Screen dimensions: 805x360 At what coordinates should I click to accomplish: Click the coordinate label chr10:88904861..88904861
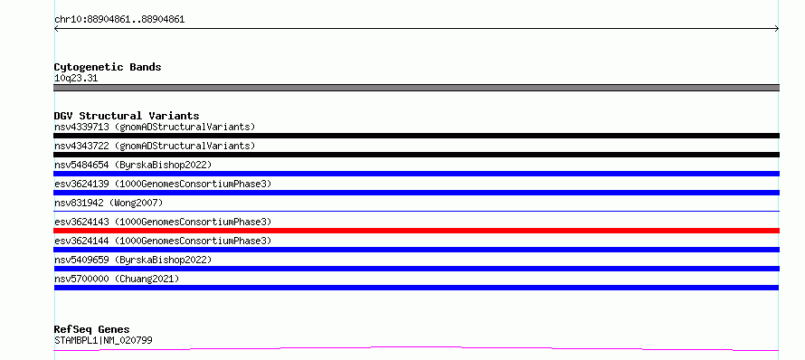pos(119,20)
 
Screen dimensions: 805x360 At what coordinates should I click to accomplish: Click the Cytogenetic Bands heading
pos(108,67)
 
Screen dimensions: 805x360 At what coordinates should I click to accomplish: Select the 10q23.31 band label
pos(76,79)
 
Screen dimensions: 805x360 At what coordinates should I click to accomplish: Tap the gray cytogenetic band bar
pos(416,88)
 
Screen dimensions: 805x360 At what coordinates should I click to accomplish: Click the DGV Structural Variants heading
pos(127,116)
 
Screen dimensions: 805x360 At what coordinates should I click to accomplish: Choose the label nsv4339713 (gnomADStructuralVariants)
pos(155,127)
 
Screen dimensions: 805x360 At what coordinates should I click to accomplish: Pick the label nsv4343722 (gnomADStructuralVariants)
pos(155,146)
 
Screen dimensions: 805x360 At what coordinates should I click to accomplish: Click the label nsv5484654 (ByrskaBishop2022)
pos(133,165)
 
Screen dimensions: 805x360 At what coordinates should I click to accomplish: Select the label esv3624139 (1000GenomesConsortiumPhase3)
pos(163,184)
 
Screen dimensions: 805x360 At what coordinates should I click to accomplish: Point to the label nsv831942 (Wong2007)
pos(109,203)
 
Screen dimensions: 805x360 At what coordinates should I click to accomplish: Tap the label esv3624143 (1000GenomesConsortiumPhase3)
pos(163,222)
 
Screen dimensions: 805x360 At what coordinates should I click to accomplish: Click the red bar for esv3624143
pos(416,231)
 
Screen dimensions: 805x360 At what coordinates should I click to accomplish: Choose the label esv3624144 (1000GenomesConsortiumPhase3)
pos(163,241)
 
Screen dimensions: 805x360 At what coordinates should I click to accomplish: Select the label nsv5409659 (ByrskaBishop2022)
pos(133,260)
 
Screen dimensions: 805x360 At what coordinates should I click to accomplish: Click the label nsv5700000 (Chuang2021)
pos(117,279)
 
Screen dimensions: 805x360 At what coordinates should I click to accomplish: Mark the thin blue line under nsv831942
pos(416,211)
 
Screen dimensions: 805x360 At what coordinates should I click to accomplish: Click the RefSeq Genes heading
pos(92,329)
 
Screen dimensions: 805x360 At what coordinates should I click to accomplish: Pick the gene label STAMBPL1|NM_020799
pos(103,340)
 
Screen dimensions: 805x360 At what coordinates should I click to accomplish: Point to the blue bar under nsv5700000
pos(416,288)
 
